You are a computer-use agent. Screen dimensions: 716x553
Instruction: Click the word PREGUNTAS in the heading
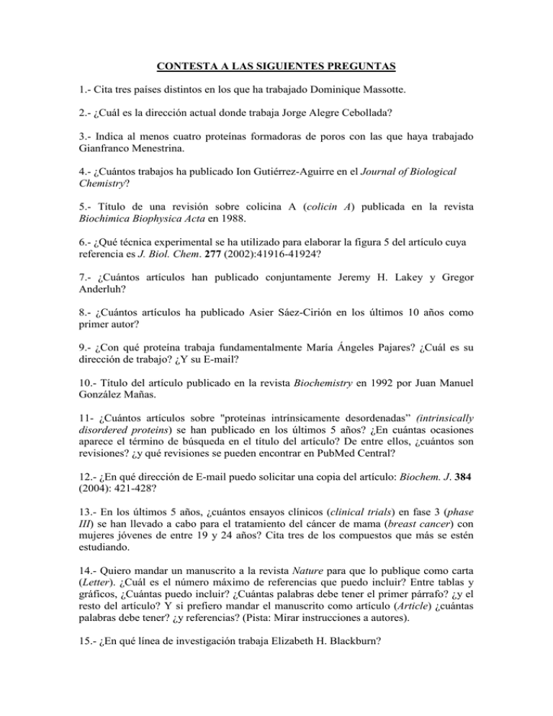point(357,69)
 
